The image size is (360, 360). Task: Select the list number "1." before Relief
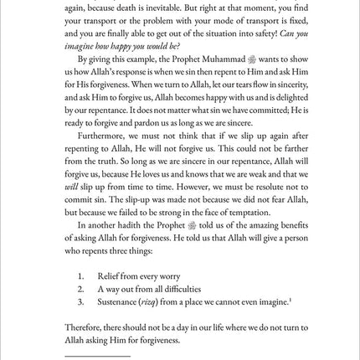click(x=80, y=275)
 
